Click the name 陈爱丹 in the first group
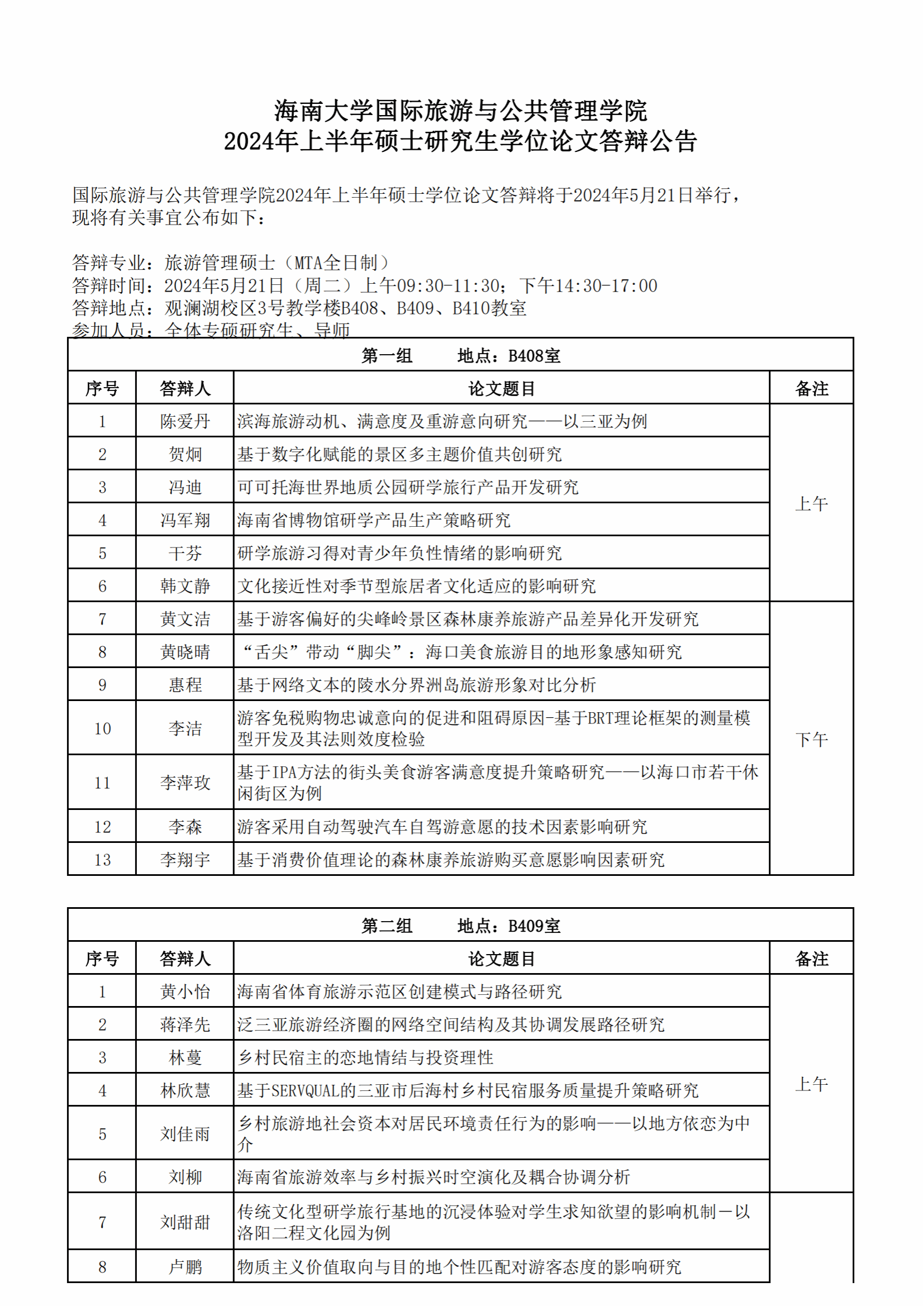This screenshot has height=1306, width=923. point(185,422)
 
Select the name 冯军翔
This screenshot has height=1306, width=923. point(185,520)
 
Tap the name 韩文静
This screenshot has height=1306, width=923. point(185,586)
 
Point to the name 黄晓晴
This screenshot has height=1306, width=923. point(185,652)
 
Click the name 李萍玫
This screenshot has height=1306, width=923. point(185,783)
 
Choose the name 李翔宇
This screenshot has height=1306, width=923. point(185,860)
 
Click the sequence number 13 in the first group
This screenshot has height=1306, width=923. point(102,860)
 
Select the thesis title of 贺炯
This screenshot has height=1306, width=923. point(399,455)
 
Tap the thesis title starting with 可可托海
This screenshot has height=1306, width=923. point(408,488)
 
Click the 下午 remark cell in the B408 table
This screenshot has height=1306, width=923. point(811,740)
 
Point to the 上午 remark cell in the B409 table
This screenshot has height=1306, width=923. point(811,1084)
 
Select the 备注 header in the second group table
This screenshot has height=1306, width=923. point(811,959)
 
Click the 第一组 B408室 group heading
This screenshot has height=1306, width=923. point(461,356)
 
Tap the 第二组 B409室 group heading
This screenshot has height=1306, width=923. point(461,926)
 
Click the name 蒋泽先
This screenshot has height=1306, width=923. point(185,1025)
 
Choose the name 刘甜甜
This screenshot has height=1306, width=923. point(185,1222)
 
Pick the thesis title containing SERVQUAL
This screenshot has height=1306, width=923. point(468,1090)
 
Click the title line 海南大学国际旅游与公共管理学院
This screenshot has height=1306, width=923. point(461,111)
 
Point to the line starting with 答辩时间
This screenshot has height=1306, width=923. point(365,285)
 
